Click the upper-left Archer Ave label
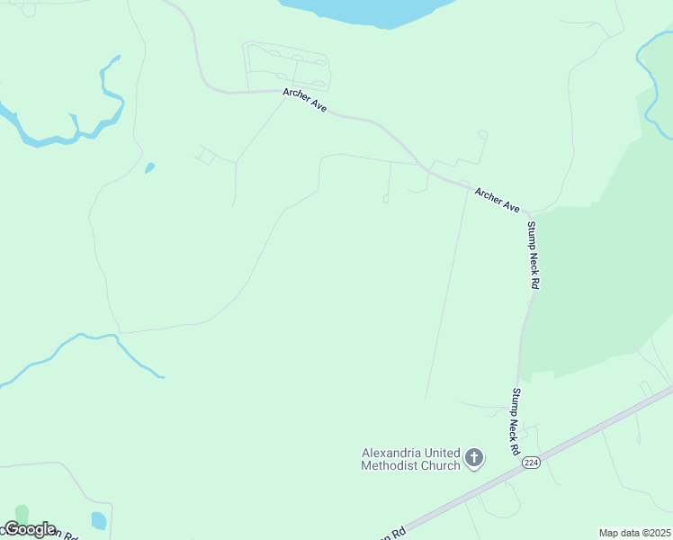point(304,99)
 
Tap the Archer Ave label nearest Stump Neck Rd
point(497,199)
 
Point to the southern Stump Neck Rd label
point(516,420)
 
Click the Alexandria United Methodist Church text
point(410,459)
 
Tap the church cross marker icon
point(474,459)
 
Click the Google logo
point(29,529)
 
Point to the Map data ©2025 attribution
point(633,533)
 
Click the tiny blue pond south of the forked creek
point(149,167)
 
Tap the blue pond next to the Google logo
point(99,520)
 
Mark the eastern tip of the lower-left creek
point(162,376)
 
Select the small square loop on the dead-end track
point(206,157)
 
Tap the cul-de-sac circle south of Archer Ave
point(385,199)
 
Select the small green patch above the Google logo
point(22,513)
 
